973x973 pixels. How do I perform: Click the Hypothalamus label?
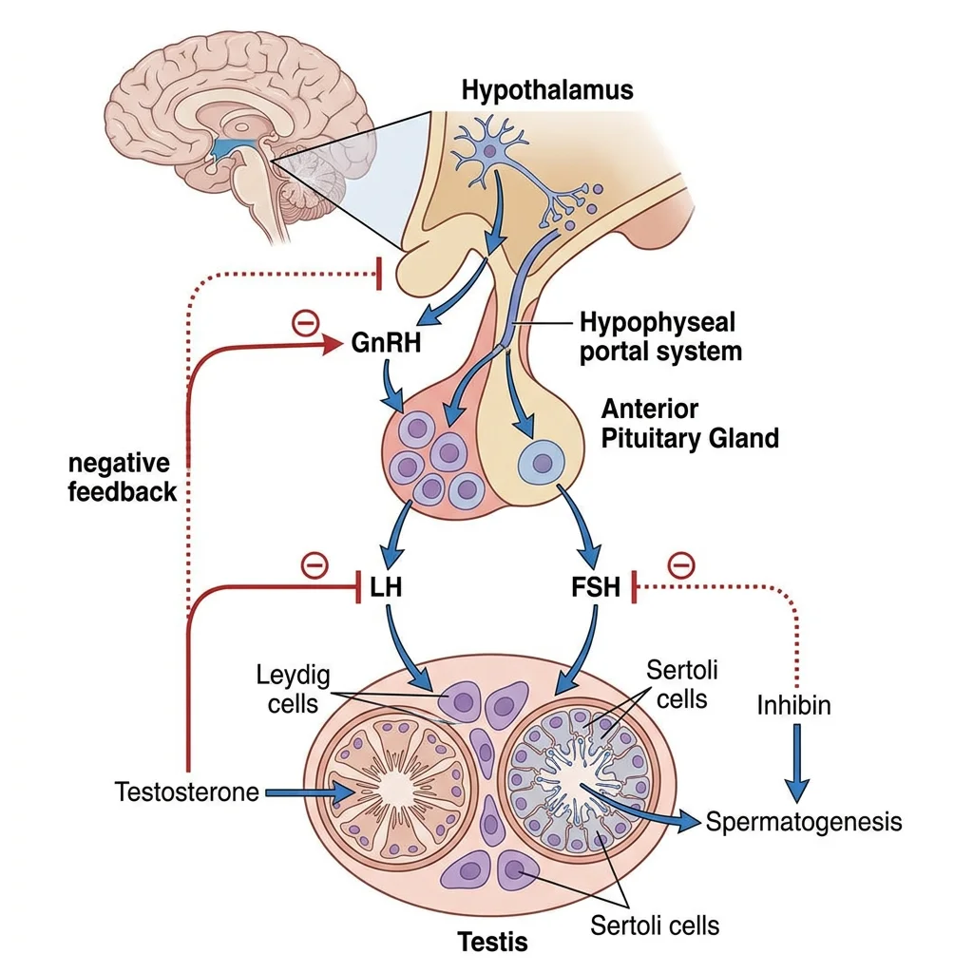546,90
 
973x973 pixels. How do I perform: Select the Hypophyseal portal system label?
659,336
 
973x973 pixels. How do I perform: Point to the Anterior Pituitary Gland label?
690,424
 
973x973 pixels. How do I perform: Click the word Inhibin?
794,705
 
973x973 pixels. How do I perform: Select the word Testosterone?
186,792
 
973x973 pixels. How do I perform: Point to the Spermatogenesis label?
803,821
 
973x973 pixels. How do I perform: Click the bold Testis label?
492,942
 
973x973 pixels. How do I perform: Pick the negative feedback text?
121,478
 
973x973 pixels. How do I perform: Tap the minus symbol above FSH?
681,565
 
